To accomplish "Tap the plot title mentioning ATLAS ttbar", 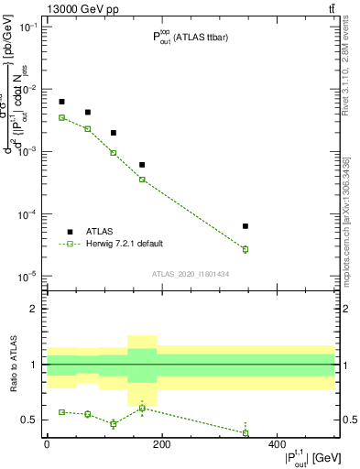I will [x=191, y=37].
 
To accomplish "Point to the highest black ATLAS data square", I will [x=61, y=102].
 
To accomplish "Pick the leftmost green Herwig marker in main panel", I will [x=61, y=117].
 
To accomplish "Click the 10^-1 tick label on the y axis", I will [x=29, y=27].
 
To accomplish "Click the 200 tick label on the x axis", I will [x=161, y=444].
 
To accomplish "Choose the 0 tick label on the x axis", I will [x=47, y=444].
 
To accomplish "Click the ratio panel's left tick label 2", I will [x=36, y=309].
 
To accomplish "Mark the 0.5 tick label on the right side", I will [x=348, y=420].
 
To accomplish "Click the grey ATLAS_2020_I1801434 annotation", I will [x=191, y=274].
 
